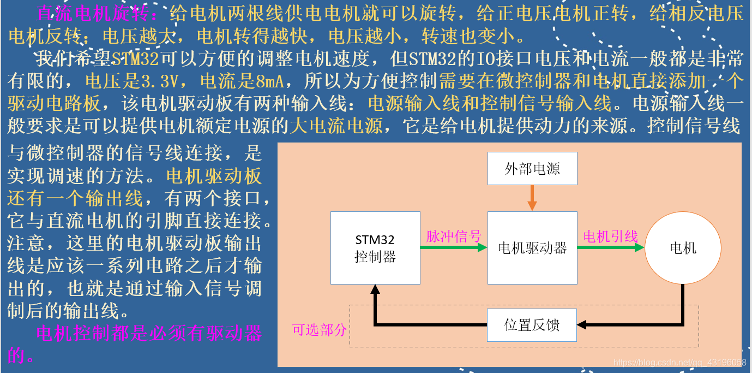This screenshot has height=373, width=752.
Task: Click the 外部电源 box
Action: [532, 168]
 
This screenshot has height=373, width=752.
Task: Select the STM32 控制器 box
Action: [375, 248]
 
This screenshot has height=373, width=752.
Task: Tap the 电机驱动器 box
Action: [532, 248]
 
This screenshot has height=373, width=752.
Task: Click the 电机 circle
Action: [683, 248]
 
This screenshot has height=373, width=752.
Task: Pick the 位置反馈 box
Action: [532, 325]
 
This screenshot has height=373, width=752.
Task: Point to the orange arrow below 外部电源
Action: [532, 198]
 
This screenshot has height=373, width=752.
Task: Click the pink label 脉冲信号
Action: [454, 236]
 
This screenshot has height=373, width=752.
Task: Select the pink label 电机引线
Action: [611, 236]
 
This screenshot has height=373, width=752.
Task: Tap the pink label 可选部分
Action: [320, 330]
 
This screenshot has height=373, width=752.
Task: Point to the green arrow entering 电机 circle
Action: [611, 247]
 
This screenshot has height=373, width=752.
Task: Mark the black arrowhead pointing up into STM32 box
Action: [375, 289]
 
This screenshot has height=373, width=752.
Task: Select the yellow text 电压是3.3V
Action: [132, 81]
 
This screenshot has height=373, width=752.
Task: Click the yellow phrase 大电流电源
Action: [335, 126]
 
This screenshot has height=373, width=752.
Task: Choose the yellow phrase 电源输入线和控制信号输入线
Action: [489, 103]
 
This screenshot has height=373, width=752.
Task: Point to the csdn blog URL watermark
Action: [679, 363]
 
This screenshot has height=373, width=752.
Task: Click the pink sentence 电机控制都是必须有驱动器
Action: [149, 333]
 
